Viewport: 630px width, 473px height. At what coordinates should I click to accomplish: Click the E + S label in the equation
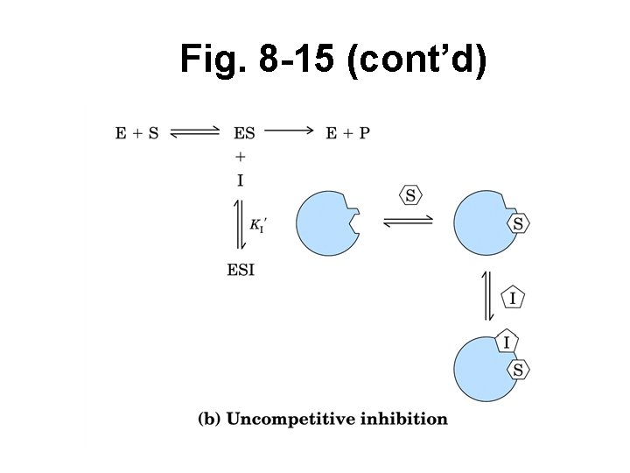[x=137, y=134]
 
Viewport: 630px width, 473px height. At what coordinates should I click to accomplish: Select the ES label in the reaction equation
[x=244, y=134]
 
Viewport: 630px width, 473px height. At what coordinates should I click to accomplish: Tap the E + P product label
[x=347, y=134]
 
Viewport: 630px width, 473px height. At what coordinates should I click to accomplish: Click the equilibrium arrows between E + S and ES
[x=195, y=134]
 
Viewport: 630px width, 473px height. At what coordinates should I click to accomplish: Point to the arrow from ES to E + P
[x=288, y=131]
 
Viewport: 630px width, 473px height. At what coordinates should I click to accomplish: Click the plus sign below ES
[x=241, y=157]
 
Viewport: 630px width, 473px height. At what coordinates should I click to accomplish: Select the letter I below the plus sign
[x=241, y=181]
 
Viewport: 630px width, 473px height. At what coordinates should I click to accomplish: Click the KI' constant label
[x=258, y=225]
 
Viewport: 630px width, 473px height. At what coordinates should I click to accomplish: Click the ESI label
[x=241, y=270]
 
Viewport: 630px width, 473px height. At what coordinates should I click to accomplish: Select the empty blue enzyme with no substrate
[x=327, y=224]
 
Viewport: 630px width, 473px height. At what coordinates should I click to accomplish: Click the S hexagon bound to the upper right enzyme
[x=518, y=223]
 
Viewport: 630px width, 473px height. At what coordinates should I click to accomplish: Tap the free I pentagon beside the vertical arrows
[x=513, y=299]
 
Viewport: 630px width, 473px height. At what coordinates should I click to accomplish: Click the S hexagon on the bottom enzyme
[x=518, y=370]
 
